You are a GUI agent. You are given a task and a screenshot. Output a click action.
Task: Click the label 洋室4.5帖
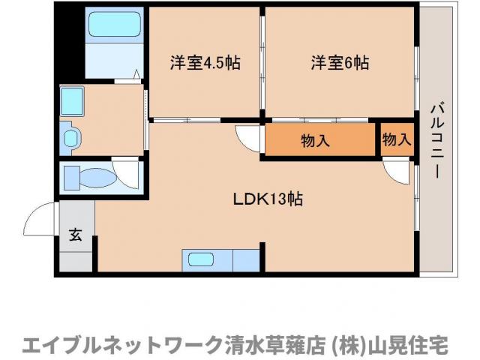(x=205, y=63)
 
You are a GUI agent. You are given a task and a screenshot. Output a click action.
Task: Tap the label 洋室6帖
(x=340, y=63)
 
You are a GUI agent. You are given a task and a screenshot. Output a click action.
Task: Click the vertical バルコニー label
(x=434, y=142)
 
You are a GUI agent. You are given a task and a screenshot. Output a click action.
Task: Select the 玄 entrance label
(x=76, y=234)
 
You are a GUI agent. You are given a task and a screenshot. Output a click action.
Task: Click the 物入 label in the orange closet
(x=316, y=139)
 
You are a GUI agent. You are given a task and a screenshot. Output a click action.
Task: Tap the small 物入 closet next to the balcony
(x=397, y=139)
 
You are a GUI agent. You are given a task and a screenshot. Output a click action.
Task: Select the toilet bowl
(x=97, y=178)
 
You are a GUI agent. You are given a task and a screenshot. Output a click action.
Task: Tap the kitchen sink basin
(x=201, y=260)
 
